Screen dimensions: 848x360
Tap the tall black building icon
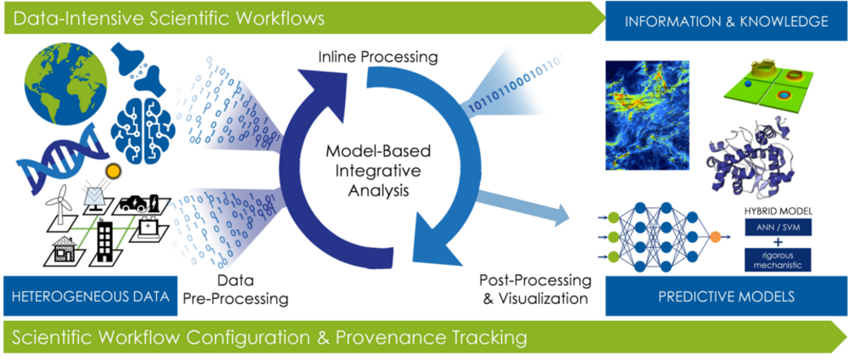103,239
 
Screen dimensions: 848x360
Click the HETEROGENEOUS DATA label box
90,296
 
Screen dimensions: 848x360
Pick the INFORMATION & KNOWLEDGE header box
726,20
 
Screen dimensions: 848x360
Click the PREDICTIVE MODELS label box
726,296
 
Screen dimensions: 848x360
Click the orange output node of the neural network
715,236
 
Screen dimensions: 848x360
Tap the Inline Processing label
378,57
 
